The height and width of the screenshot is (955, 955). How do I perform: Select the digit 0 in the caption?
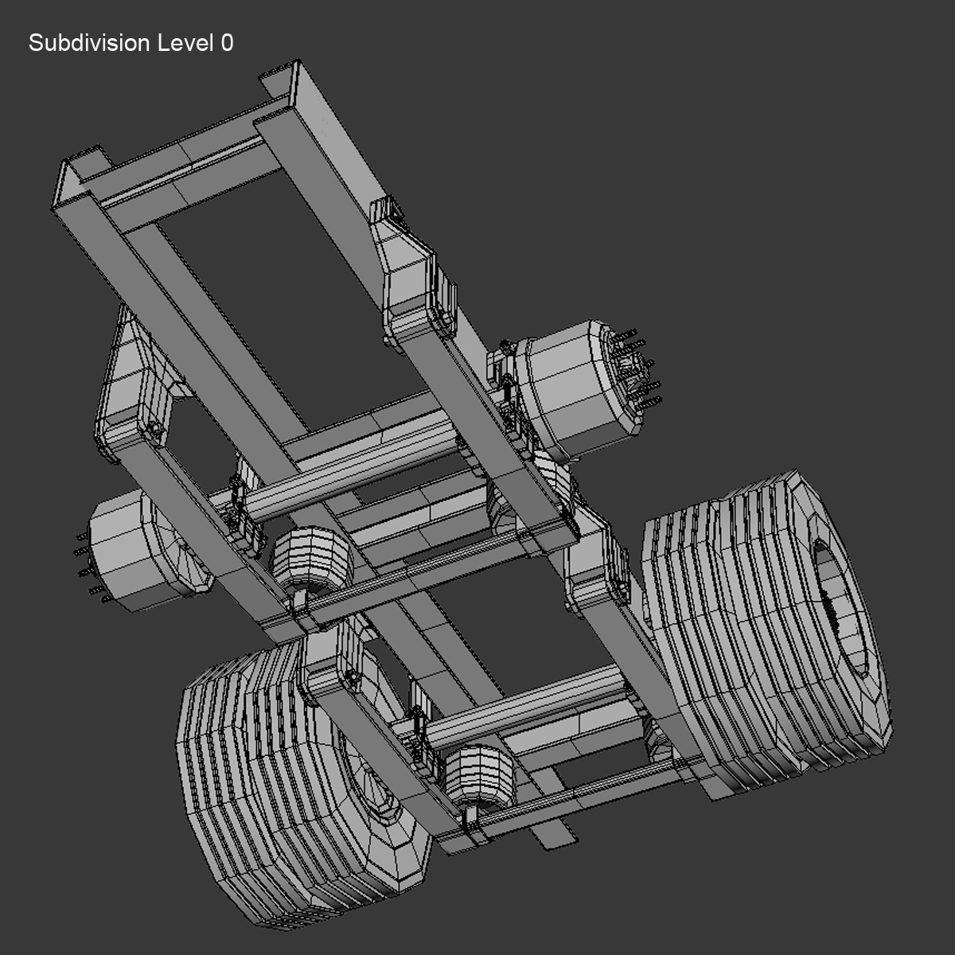(x=227, y=43)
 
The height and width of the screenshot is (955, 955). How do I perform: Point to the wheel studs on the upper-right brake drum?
(x=637, y=370)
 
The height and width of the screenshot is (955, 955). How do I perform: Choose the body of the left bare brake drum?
(x=127, y=549)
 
